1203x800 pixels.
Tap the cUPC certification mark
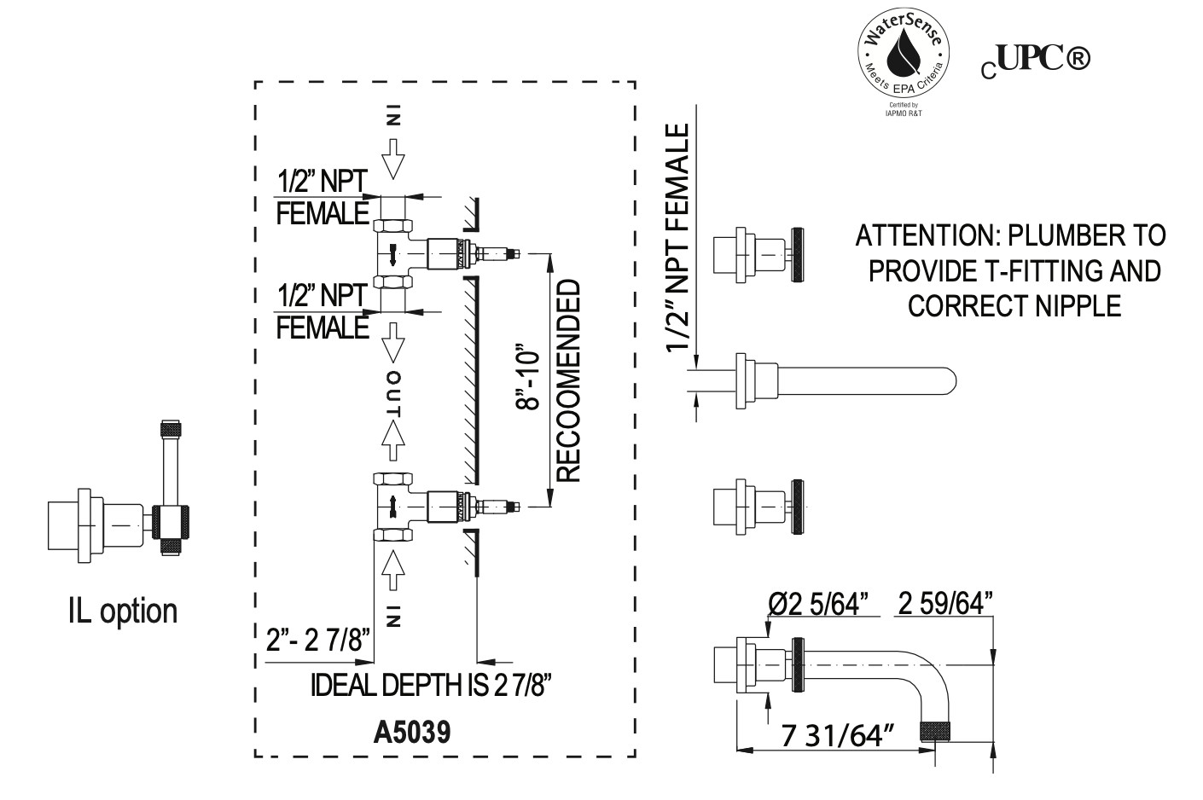(1036, 61)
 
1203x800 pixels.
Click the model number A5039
(412, 733)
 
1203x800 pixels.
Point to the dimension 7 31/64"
(839, 735)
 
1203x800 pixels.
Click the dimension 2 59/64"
(945, 604)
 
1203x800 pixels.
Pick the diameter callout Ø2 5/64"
(818, 604)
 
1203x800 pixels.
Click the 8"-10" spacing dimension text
(527, 380)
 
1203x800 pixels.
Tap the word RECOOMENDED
(568, 380)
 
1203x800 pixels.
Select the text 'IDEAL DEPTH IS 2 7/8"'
(431, 685)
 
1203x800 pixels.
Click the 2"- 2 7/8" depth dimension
(318, 640)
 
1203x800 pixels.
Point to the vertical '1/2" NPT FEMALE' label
(677, 238)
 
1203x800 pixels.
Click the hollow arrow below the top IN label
(393, 159)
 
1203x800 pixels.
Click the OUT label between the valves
(393, 394)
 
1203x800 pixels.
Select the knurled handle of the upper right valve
(798, 255)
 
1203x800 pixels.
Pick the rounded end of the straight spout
(950, 382)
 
